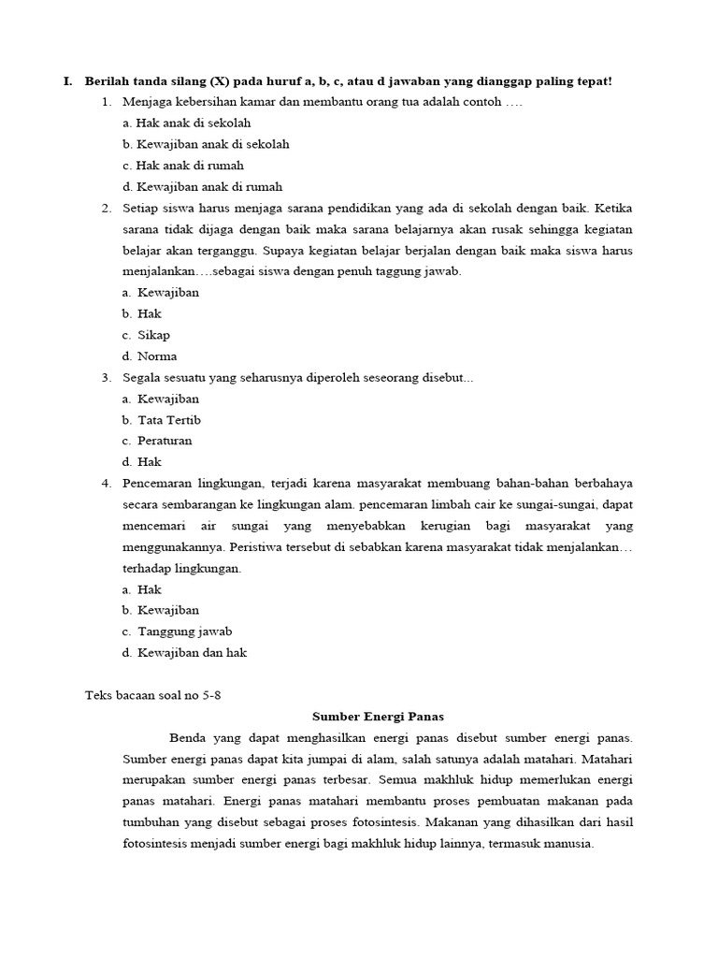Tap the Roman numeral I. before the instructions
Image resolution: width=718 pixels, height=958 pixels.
[68, 81]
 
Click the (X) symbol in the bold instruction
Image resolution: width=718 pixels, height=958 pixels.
[223, 81]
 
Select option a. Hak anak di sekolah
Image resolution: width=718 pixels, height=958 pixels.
[187, 123]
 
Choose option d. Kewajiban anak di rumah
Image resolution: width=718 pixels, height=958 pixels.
[202, 186]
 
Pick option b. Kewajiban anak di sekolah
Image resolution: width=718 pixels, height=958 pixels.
[206, 144]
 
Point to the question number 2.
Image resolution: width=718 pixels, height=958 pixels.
[107, 208]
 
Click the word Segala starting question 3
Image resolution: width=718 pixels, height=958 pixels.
[143, 377]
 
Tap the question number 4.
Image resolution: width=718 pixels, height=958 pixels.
[107, 483]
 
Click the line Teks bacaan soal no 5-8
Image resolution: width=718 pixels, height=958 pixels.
[154, 695]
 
